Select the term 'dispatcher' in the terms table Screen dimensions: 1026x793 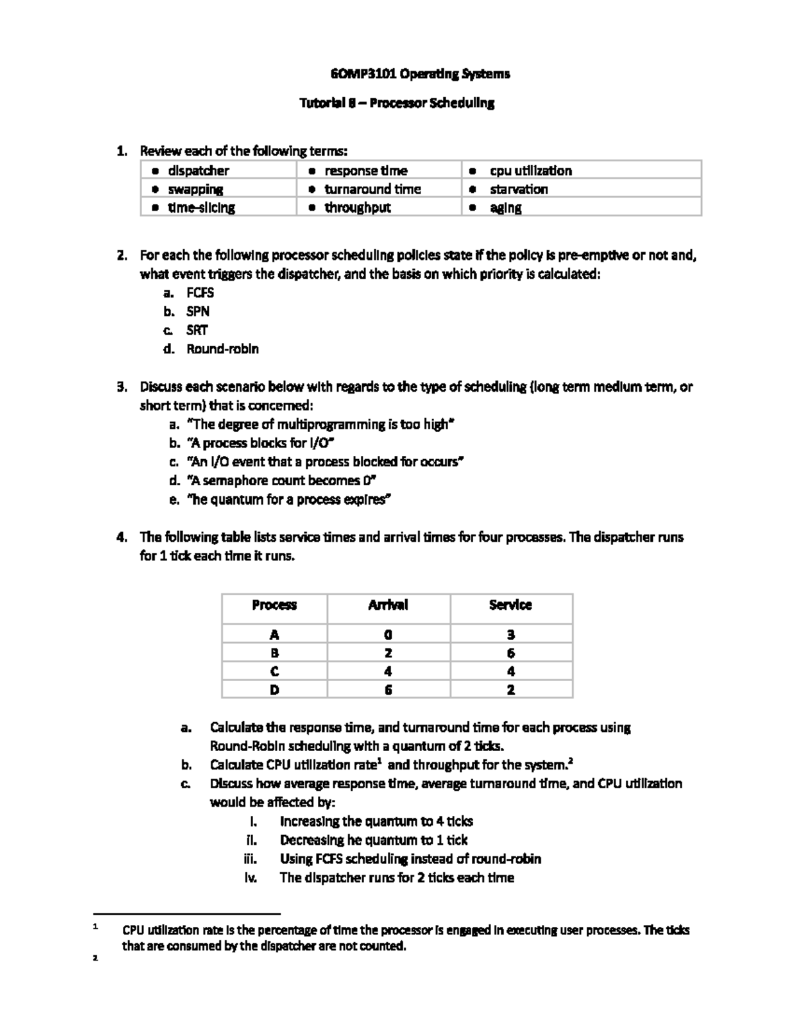click(x=198, y=170)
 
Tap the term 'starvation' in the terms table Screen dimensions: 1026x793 click(x=518, y=189)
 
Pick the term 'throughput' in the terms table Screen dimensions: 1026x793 click(x=357, y=207)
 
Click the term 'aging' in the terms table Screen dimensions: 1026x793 click(x=506, y=207)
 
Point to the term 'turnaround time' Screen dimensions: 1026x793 click(x=372, y=189)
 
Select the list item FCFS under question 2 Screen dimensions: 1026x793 click(x=200, y=293)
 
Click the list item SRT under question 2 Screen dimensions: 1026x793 click(x=197, y=330)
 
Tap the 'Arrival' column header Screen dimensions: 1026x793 click(x=388, y=605)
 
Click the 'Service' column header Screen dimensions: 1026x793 click(x=510, y=605)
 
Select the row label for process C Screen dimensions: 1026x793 click(x=274, y=671)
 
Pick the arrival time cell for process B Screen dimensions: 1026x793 click(x=389, y=653)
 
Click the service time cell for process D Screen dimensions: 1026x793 click(x=511, y=690)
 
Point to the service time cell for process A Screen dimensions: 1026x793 click(x=511, y=635)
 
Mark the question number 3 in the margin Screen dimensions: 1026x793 click(x=121, y=387)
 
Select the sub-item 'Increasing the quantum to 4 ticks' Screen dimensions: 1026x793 click(x=376, y=822)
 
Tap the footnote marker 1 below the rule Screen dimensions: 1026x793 click(x=96, y=928)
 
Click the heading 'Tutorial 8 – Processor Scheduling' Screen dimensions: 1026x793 click(x=397, y=103)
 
